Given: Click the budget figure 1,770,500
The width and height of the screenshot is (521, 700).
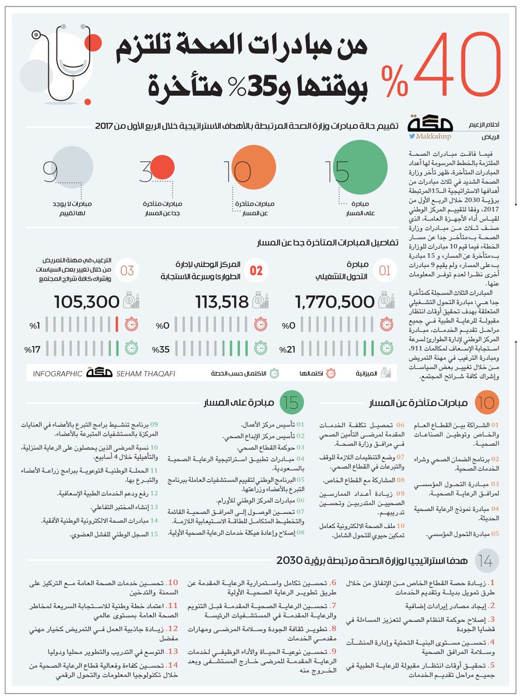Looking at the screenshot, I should click(x=335, y=302).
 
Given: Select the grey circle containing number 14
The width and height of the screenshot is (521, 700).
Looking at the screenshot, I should click(x=486, y=561).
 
